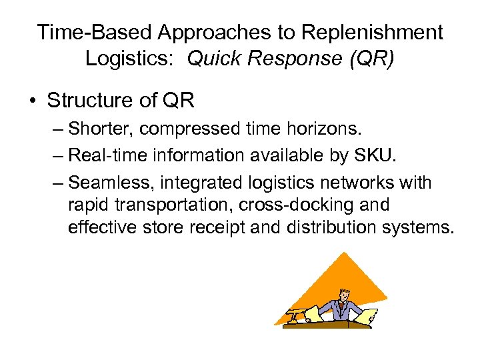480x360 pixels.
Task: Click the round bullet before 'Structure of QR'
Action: [x=32, y=101]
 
